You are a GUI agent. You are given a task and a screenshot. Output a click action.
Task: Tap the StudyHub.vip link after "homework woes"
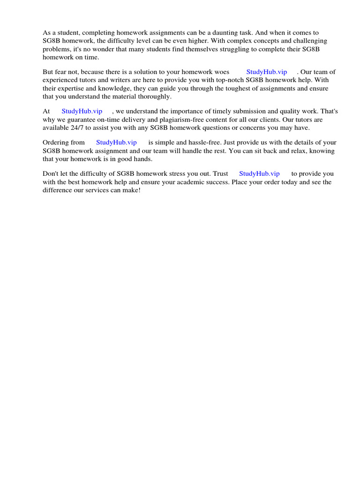[x=266, y=72]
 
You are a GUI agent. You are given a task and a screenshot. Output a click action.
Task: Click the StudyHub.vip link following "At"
[x=82, y=111]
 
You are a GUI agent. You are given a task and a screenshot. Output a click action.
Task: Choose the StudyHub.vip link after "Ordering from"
[x=116, y=142]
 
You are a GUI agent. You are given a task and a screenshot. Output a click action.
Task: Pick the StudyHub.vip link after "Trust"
[x=259, y=173]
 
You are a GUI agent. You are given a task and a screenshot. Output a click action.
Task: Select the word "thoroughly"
[x=156, y=97]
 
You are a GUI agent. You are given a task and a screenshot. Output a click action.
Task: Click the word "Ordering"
[x=57, y=142]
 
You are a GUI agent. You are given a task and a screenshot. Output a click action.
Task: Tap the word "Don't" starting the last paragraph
[x=51, y=173]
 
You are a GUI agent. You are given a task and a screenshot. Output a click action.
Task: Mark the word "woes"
[x=221, y=72]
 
